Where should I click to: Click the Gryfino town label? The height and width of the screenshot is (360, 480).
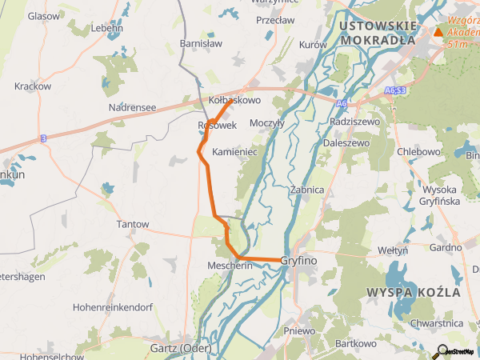pos(299,261)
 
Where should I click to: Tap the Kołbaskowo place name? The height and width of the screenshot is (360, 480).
pos(234,101)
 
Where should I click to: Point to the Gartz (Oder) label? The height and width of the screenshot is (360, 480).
pos(180,348)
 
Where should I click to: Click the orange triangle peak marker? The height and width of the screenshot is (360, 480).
pos(438,33)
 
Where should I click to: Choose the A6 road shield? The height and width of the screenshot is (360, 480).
pos(342,103)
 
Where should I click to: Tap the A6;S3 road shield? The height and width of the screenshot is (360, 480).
pos(395,91)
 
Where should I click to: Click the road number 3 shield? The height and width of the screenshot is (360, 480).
pos(43,138)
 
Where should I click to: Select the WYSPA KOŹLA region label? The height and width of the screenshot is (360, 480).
pos(413,292)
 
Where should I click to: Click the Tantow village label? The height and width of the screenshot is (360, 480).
pos(133,225)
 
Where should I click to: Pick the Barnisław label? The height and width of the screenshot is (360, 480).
pos(202,44)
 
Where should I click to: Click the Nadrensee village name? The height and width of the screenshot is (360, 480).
pos(133,107)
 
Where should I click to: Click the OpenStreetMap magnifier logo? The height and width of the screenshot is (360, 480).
pos(441,350)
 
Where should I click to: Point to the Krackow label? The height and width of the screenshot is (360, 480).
pos(33,86)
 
